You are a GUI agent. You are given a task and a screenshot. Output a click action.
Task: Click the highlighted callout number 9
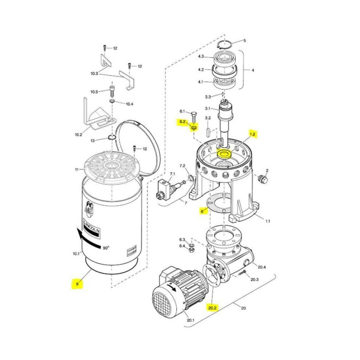coord(77,283)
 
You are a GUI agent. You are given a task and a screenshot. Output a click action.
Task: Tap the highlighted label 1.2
coord(252,134)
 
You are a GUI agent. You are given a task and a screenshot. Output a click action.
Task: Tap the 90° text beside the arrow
coord(105,248)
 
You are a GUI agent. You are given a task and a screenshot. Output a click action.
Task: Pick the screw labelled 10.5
coord(112,91)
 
